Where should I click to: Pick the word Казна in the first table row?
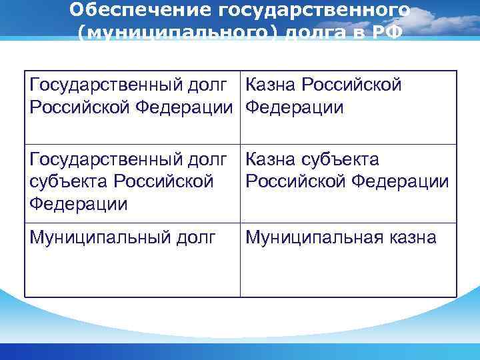tap(271, 85)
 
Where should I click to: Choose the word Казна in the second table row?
tap(271, 160)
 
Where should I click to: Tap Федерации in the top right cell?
tap(295, 107)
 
